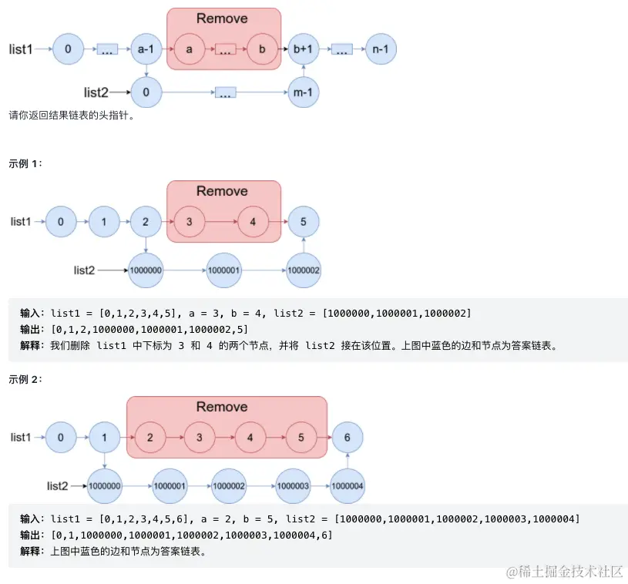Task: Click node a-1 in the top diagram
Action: [146, 49]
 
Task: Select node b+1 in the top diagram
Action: [304, 49]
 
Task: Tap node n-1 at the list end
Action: [381, 49]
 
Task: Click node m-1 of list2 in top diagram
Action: [304, 92]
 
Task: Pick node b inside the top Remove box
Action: [262, 49]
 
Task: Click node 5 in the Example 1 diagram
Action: [304, 222]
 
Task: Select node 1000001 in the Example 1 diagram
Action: [223, 270]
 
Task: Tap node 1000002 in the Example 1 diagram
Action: [304, 270]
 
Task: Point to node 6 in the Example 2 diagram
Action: [348, 438]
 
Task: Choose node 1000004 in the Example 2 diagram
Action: [348, 486]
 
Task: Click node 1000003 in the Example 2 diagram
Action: [293, 486]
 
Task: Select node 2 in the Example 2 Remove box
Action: [149, 438]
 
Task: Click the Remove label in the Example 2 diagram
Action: [222, 407]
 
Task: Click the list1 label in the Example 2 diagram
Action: [20, 437]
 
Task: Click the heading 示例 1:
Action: [25, 163]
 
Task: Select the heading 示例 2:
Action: [25, 379]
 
